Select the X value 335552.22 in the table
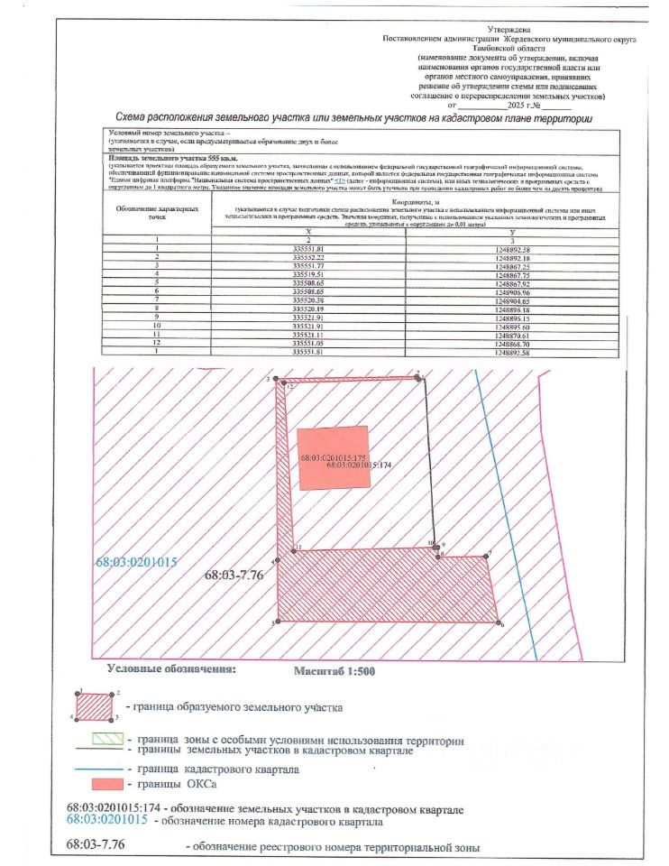(x=307, y=258)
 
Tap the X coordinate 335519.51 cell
(x=307, y=275)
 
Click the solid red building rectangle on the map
(x=333, y=457)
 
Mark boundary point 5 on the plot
(x=278, y=622)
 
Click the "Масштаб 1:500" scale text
(x=334, y=672)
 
